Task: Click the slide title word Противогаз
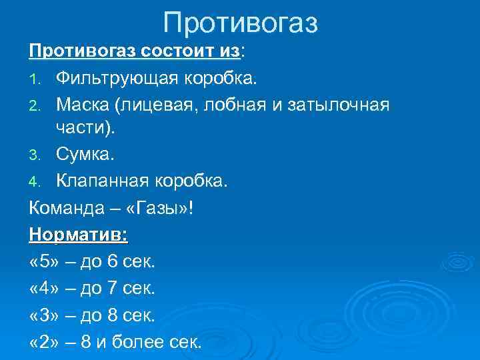click(x=241, y=23)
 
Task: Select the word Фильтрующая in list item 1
click(x=115, y=79)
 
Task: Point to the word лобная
click(x=243, y=105)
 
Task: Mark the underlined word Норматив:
click(x=79, y=235)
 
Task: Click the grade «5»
click(x=43, y=261)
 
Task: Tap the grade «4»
click(x=43, y=289)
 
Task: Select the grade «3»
click(x=43, y=315)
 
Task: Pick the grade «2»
click(x=43, y=343)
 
